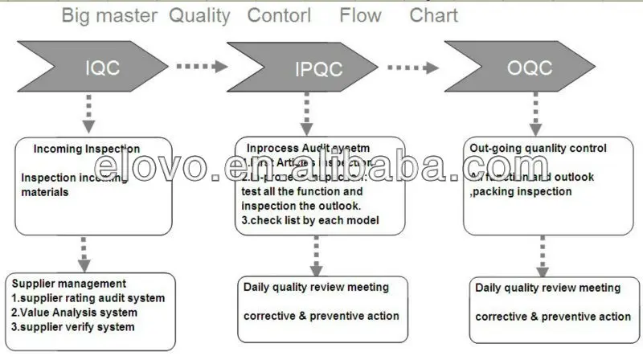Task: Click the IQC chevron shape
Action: [x=100, y=67]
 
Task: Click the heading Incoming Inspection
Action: [x=87, y=149]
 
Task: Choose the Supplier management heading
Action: [x=68, y=283]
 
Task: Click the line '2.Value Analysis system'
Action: [x=74, y=312]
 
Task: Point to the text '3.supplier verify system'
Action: [x=72, y=326]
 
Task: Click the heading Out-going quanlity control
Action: [x=538, y=149]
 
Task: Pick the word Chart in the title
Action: [x=434, y=15]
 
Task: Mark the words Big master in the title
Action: [x=110, y=15]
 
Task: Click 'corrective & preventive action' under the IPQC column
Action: [x=321, y=316]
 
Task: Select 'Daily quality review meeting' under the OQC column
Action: [x=548, y=288]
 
